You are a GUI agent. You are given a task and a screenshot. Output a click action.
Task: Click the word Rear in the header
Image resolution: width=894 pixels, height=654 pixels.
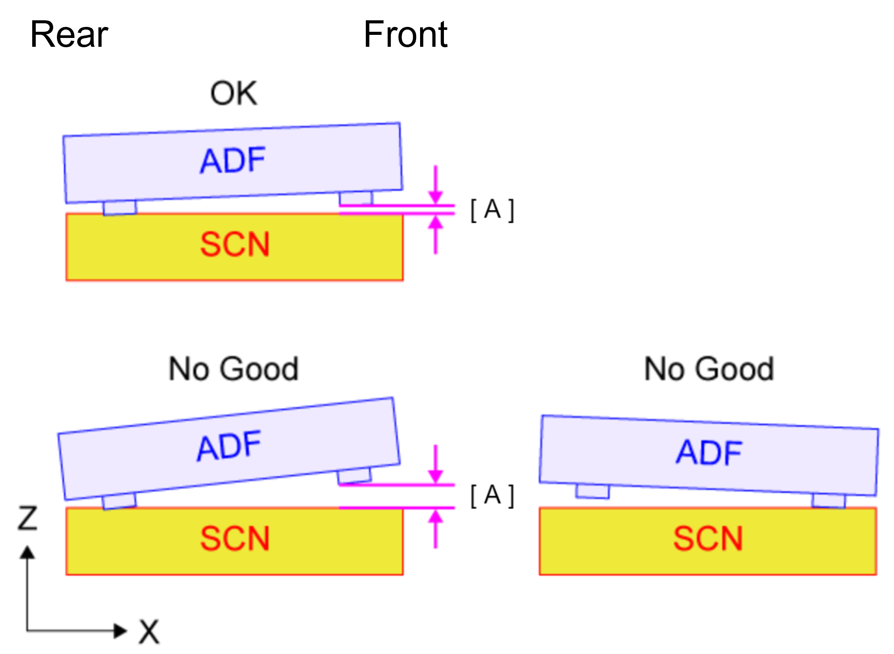(69, 34)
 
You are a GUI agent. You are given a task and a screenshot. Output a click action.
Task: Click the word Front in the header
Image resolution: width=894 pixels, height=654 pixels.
(406, 34)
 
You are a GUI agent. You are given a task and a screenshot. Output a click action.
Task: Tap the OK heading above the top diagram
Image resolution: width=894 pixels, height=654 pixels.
(233, 94)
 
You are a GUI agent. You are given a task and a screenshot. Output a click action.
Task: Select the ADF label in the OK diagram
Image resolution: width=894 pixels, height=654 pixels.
(233, 160)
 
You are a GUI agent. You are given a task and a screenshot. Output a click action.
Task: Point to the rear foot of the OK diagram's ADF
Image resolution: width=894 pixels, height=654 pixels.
(120, 208)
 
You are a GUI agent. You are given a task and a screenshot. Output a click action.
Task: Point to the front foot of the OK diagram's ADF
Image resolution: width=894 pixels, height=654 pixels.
(356, 198)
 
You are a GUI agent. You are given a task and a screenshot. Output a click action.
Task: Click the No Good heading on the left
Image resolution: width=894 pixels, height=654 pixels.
(233, 369)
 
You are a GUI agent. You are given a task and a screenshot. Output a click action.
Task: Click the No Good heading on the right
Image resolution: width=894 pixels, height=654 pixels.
(709, 369)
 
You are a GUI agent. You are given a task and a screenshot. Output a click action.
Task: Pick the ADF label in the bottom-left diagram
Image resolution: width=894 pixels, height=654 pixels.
(229, 447)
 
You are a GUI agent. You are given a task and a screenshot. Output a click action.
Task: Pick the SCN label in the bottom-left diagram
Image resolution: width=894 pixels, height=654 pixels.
(234, 538)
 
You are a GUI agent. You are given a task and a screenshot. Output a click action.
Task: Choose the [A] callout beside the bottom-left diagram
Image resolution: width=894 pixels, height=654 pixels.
(492, 495)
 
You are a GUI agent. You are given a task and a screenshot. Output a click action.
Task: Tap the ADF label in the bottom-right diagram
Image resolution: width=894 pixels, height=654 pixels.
(709, 453)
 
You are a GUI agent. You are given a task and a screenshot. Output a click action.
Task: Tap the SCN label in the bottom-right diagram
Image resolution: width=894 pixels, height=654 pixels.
(708, 538)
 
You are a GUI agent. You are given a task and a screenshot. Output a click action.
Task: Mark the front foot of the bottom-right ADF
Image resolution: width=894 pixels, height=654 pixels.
(829, 501)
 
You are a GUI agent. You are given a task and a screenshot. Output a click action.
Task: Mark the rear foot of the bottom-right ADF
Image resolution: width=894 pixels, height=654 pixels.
(593, 491)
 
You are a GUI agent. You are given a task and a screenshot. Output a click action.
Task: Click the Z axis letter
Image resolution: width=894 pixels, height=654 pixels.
(27, 518)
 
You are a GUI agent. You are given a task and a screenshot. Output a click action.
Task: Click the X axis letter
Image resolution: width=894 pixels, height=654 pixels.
(149, 632)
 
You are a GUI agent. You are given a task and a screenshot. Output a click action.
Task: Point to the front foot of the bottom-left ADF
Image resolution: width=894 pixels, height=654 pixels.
(354, 476)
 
